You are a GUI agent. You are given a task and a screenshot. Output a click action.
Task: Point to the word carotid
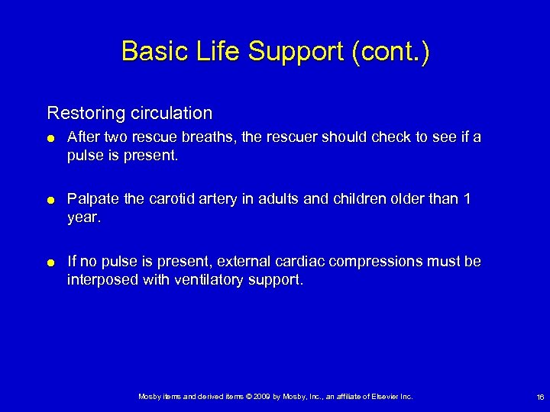(173, 199)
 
